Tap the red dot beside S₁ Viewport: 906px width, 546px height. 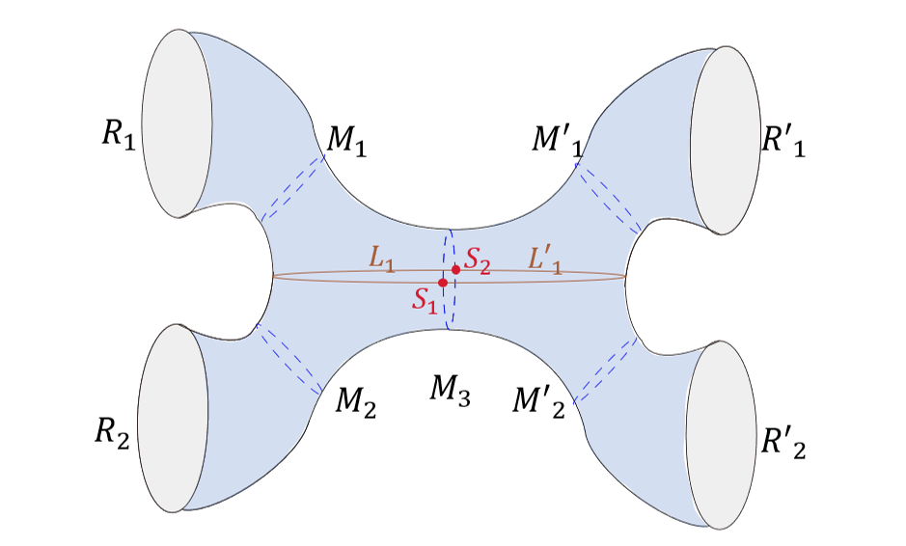point(443,283)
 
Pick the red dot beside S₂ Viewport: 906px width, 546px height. point(455,270)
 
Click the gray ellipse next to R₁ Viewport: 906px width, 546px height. point(177,122)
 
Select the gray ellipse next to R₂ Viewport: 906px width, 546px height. point(176,417)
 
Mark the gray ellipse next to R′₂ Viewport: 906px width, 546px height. point(719,433)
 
